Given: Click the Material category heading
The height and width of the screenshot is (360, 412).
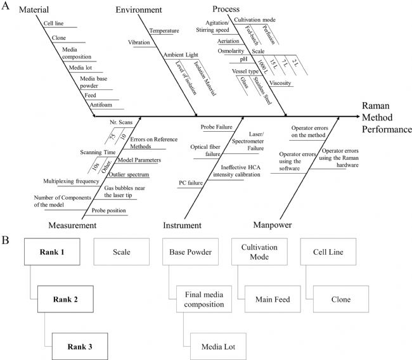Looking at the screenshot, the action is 34,10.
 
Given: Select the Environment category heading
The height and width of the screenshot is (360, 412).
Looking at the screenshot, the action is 139,10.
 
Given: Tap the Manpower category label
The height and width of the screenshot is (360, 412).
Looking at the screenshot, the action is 273,225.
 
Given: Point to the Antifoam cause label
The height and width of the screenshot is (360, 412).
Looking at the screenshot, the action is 101,105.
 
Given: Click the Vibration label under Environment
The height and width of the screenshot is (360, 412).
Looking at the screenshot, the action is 139,42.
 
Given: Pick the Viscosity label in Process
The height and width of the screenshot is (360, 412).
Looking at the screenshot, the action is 280,83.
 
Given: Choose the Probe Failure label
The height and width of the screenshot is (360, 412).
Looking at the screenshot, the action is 217,127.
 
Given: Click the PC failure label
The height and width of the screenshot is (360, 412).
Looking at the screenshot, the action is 191,183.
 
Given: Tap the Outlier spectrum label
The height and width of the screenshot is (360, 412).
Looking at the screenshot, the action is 129,174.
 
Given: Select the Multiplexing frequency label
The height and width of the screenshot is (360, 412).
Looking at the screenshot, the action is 71,181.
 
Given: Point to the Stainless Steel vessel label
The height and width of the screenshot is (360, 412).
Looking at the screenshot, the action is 262,91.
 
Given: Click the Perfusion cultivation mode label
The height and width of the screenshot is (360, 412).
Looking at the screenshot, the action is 269,35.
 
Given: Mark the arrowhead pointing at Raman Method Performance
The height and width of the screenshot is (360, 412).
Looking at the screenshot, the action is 357,116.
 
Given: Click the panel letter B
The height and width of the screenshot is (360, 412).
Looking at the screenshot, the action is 5,240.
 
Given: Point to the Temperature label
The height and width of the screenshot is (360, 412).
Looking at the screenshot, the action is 164,31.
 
